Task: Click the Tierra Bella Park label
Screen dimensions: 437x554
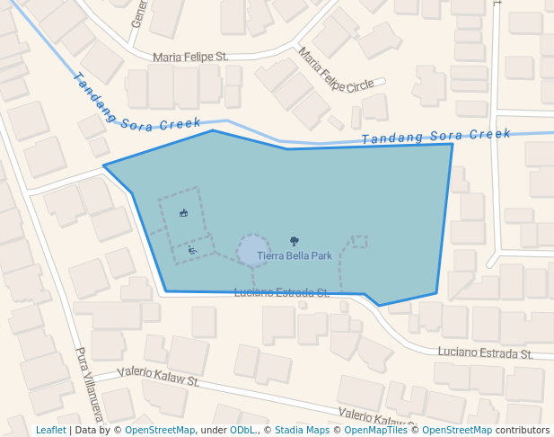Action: pyautogui.click(x=295, y=256)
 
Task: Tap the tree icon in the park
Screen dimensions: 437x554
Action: pyautogui.click(x=295, y=241)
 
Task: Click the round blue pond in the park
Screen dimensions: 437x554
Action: pyautogui.click(x=253, y=249)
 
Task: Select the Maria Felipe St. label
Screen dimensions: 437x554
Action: pyautogui.click(x=190, y=57)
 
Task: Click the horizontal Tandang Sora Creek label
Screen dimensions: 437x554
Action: pyautogui.click(x=435, y=136)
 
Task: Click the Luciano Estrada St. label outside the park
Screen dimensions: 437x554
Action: pyautogui.click(x=486, y=353)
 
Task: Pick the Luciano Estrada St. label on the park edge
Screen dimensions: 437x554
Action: pyautogui.click(x=281, y=293)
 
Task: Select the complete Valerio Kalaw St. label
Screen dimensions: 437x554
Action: pyautogui.click(x=158, y=376)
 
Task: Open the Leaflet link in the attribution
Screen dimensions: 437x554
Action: pyautogui.click(x=51, y=430)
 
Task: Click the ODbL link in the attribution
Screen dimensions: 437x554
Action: pyautogui.click(x=242, y=430)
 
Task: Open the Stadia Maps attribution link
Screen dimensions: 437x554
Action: pyautogui.click(x=302, y=430)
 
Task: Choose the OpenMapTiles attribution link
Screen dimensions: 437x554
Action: pyautogui.click(x=374, y=430)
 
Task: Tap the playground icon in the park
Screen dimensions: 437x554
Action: pyautogui.click(x=183, y=213)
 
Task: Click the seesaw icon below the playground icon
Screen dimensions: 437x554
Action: pyautogui.click(x=192, y=250)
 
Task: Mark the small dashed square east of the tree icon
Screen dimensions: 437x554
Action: pyautogui.click(x=359, y=241)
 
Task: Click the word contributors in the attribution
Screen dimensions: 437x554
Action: pyautogui.click(x=523, y=430)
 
